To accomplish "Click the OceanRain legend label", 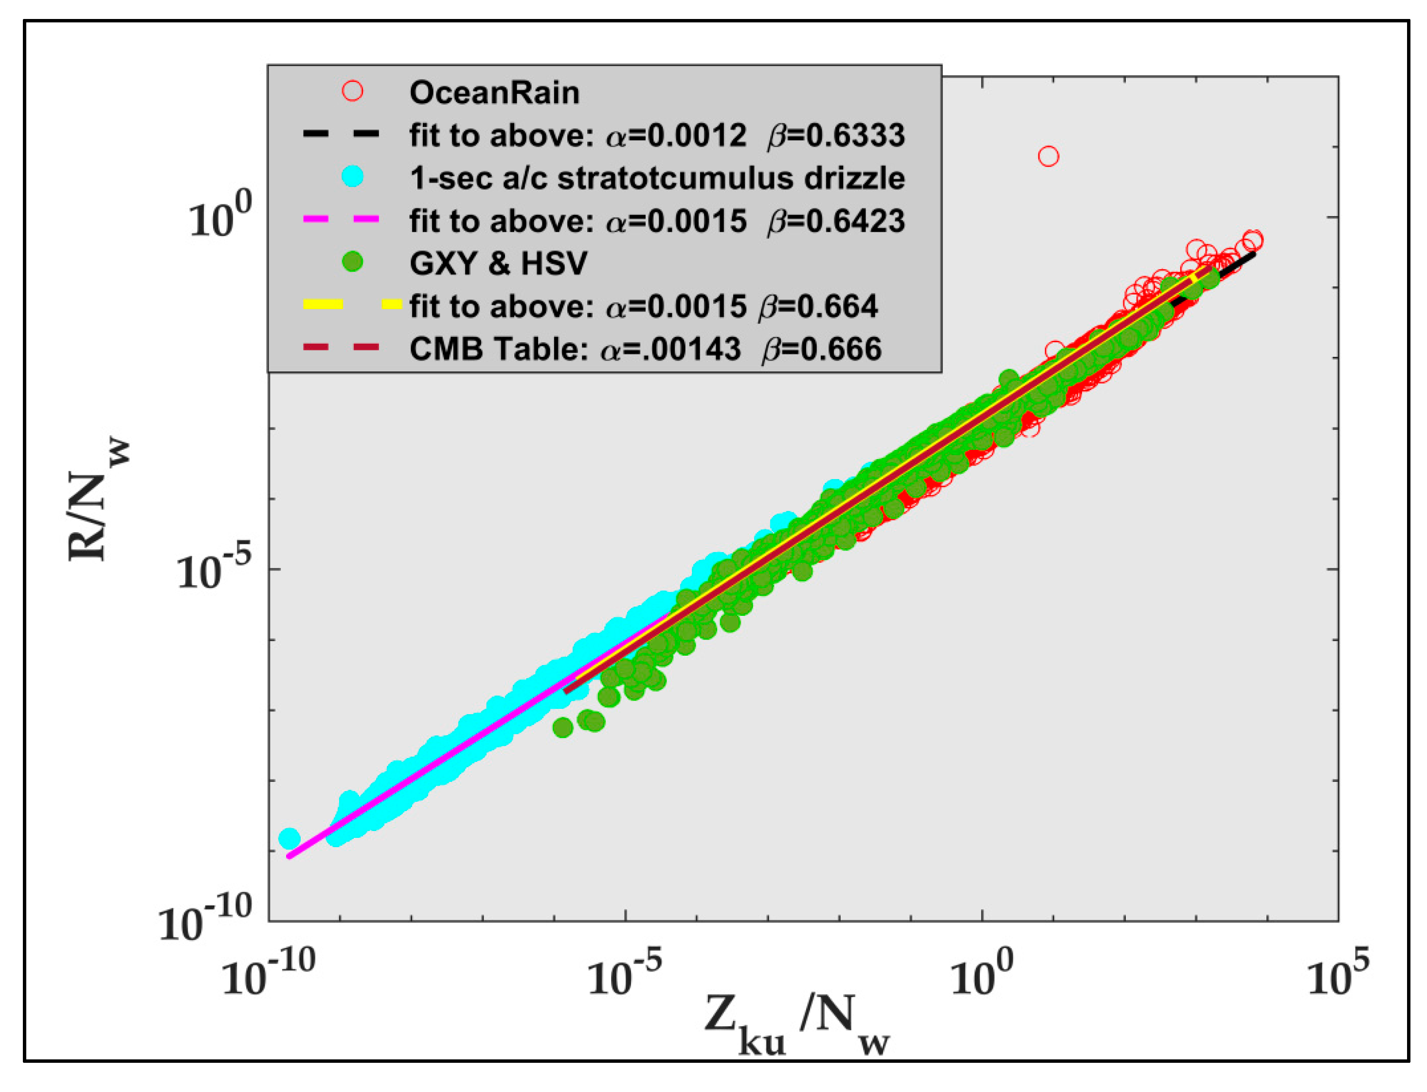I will pos(494,93).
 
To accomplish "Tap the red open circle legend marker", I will pos(353,91).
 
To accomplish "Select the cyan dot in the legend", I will pos(353,177).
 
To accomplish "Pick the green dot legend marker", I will pos(353,262).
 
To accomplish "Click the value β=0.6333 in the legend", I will pos(836,135).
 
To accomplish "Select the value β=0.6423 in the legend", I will pos(836,221).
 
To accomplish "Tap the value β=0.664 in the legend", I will pos(818,306).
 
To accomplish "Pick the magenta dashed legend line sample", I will pos(342,220).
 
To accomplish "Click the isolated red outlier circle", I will pos(1048,156).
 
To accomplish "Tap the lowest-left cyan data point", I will pos(289,838).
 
